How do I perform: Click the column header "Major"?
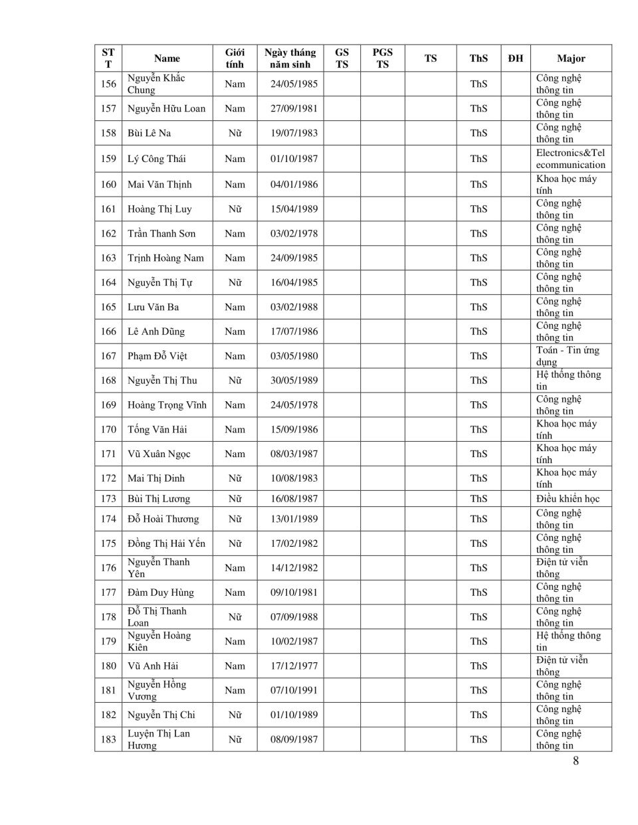(571, 58)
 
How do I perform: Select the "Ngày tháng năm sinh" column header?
(290, 58)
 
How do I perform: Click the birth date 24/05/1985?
(294, 84)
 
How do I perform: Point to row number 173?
(108, 499)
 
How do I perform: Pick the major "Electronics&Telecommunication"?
(570, 159)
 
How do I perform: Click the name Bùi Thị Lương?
(159, 499)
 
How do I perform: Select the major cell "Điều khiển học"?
(568, 499)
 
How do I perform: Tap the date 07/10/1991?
(294, 690)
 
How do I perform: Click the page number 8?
(576, 761)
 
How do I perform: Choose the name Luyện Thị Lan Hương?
(158, 739)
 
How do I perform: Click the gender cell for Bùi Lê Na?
(235, 133)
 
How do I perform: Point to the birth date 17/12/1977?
(294, 666)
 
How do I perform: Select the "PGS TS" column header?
(382, 58)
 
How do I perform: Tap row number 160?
(108, 184)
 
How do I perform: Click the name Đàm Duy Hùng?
(161, 593)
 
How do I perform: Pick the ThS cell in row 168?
(478, 381)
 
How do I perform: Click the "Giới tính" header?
(235, 58)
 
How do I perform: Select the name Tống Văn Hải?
(158, 429)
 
